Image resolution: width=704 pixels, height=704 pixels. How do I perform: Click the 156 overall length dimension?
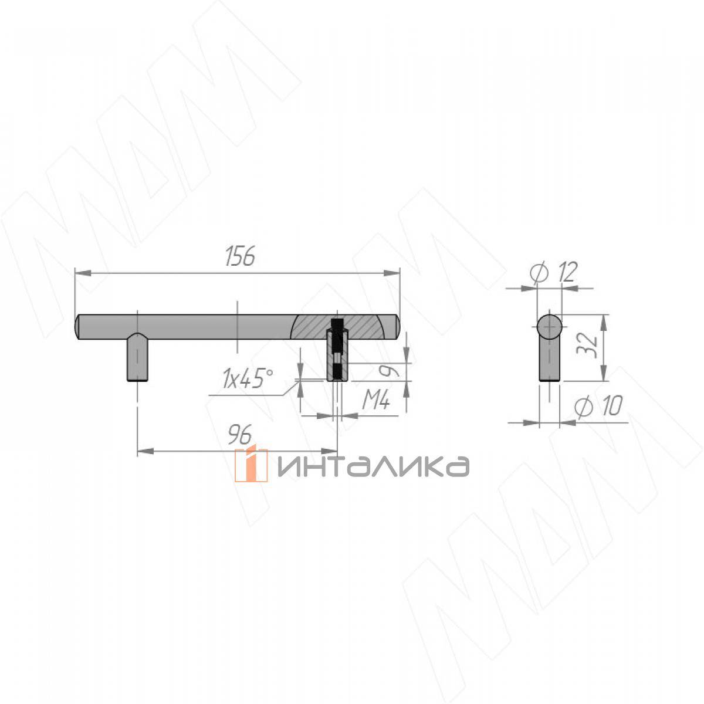[240, 256]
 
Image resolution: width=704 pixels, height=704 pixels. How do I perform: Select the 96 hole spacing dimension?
[240, 434]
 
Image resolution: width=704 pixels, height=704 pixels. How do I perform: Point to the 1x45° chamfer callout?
[248, 378]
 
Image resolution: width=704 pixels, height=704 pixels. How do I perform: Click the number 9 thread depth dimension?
[386, 371]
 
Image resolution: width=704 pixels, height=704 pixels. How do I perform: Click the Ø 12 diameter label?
[553, 272]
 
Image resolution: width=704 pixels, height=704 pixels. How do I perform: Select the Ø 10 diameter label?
[598, 407]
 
